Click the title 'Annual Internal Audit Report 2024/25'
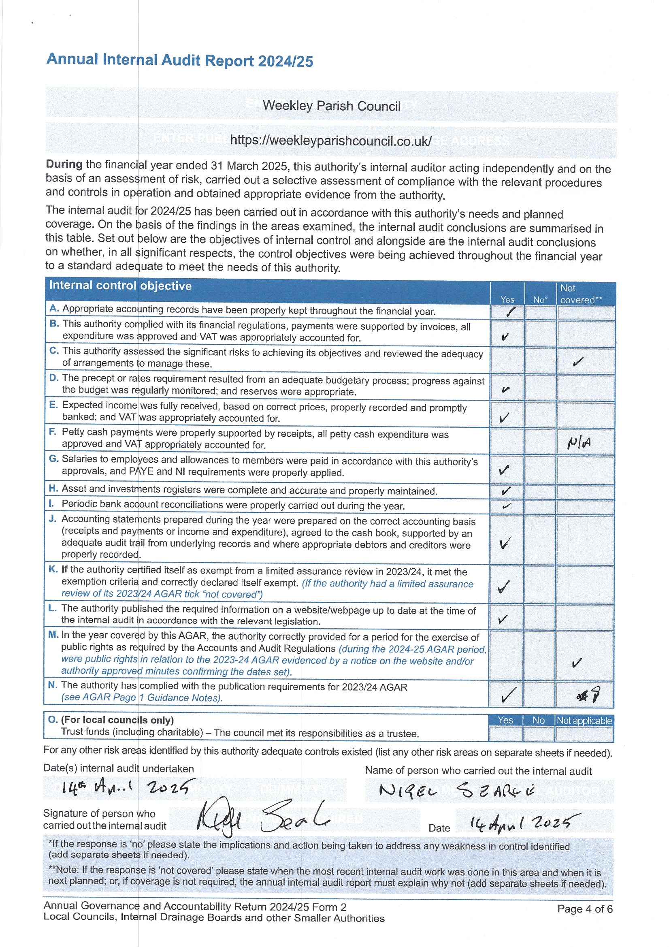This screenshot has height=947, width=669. click(180, 60)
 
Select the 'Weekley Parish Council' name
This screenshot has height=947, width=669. click(332, 106)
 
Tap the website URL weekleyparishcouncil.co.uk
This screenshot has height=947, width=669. click(331, 141)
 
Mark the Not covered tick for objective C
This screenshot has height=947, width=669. click(578, 362)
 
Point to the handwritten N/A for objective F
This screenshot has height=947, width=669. click(579, 443)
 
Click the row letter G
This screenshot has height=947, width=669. click(53, 459)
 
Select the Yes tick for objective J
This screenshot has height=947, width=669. click(505, 543)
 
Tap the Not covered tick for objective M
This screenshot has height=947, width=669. click(577, 663)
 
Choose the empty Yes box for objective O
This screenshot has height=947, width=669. click(505, 734)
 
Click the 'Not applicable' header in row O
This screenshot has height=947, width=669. click(584, 721)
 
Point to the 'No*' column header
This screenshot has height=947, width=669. click(539, 300)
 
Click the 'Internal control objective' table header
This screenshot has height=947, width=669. click(120, 286)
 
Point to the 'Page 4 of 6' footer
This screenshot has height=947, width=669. click(584, 909)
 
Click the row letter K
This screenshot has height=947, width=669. click(53, 569)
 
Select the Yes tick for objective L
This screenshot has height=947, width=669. click(503, 619)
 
